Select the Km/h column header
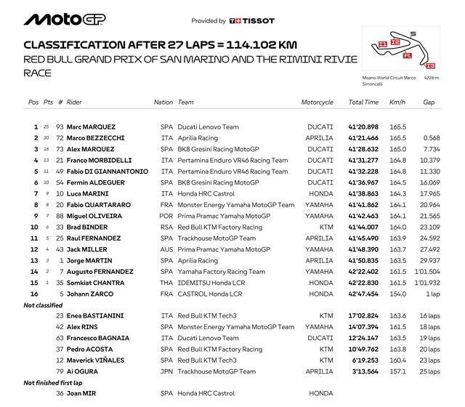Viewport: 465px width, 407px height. click(x=397, y=102)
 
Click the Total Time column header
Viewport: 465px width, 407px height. click(x=362, y=102)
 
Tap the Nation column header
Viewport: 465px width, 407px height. click(x=163, y=102)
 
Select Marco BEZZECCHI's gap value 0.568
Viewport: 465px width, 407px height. click(x=432, y=138)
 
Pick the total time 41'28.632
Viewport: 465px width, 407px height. click(x=364, y=149)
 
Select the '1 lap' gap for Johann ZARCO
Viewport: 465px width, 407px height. click(x=433, y=294)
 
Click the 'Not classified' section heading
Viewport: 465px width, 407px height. click(x=42, y=305)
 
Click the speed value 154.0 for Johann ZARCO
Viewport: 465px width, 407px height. click(x=397, y=294)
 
